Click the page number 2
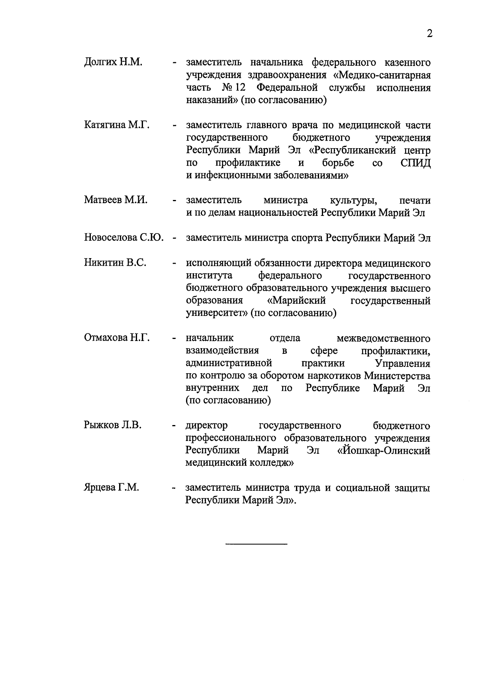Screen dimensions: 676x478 429,34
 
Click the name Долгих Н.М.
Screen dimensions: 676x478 113,63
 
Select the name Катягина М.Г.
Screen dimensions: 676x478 117,125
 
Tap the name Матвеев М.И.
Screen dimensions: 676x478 116,200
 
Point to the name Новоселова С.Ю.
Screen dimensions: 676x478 124,238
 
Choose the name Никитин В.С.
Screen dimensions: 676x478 115,263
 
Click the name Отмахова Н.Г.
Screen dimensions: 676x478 117,338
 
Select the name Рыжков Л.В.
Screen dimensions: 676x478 112,425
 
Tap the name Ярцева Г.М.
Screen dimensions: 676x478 111,488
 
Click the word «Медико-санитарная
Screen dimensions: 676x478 382,75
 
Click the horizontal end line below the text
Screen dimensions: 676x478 256,544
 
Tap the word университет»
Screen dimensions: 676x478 217,313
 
